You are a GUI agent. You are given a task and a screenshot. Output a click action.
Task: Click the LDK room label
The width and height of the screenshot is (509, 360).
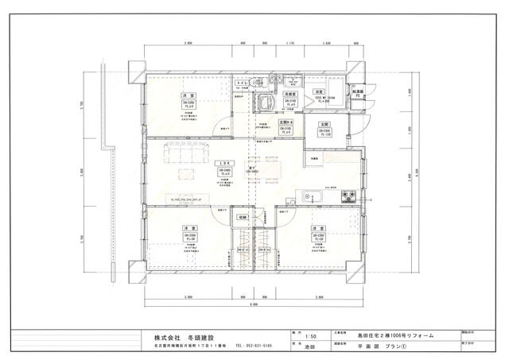[x=227, y=163]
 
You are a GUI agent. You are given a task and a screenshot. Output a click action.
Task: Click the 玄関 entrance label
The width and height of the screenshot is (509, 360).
[x=324, y=125]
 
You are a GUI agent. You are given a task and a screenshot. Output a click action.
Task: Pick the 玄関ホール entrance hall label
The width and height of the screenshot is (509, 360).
[x=286, y=122]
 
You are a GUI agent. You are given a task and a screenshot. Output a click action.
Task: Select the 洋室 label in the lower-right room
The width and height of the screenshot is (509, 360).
[x=320, y=228]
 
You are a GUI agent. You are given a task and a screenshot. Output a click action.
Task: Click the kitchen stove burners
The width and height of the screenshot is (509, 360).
[x=347, y=197]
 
